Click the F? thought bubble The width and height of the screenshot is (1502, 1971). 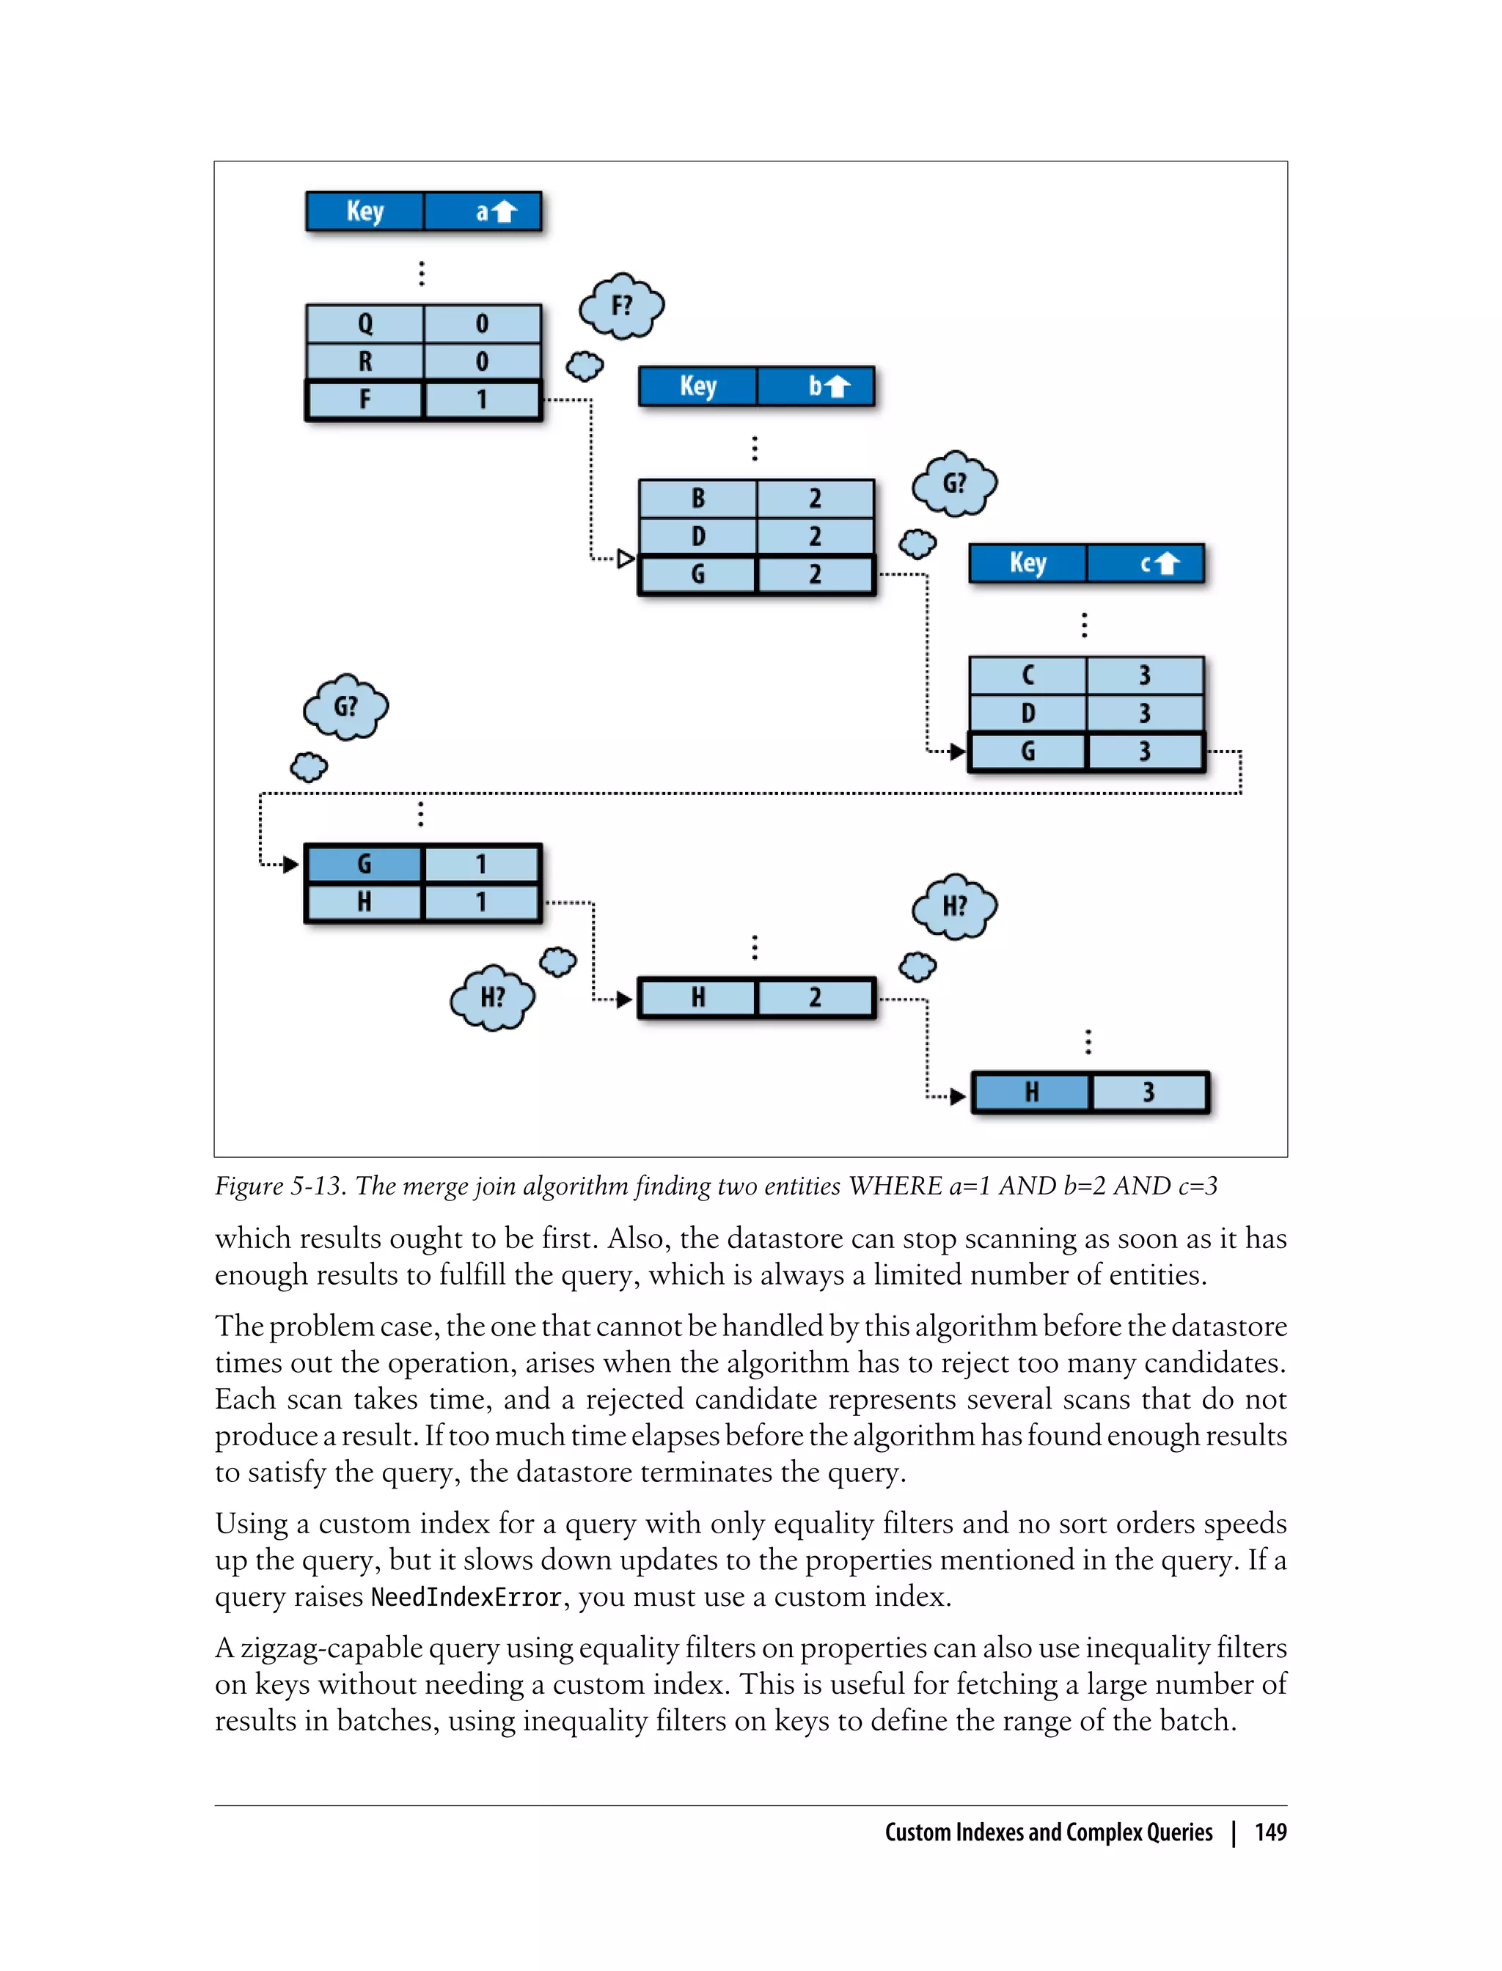[x=621, y=306]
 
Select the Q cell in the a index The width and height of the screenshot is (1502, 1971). [x=364, y=323]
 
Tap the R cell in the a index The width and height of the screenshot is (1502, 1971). [x=364, y=361]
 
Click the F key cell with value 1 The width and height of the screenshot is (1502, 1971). [x=364, y=400]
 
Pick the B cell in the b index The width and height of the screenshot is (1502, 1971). [x=698, y=498]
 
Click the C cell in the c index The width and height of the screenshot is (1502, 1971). [x=1028, y=675]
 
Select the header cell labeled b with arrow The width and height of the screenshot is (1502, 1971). [x=816, y=386]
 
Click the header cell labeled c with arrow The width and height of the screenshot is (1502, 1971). [x=1146, y=563]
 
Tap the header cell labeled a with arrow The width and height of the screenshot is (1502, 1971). [x=483, y=211]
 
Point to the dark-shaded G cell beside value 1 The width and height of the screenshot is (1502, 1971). [x=364, y=864]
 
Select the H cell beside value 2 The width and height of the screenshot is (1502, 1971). [x=698, y=997]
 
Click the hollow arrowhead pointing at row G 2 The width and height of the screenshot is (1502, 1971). [x=626, y=559]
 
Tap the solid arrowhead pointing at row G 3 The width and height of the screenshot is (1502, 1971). [x=958, y=752]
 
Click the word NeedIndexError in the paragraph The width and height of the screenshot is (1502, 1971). [x=466, y=1597]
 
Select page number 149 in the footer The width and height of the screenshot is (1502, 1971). [x=1270, y=1832]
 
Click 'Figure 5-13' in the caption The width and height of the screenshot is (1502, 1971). [x=279, y=1186]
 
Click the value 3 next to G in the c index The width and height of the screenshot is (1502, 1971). [x=1146, y=752]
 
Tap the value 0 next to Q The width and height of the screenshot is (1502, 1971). [x=482, y=323]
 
